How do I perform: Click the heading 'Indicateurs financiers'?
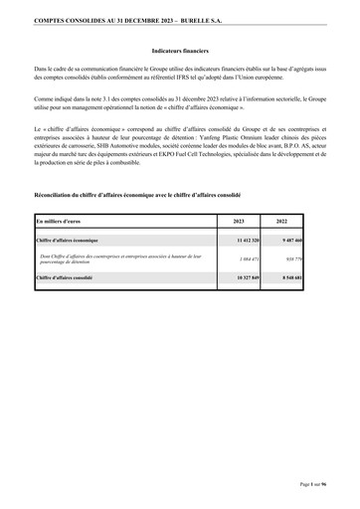coord(179,48)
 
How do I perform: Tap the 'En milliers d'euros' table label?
coord(60,221)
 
